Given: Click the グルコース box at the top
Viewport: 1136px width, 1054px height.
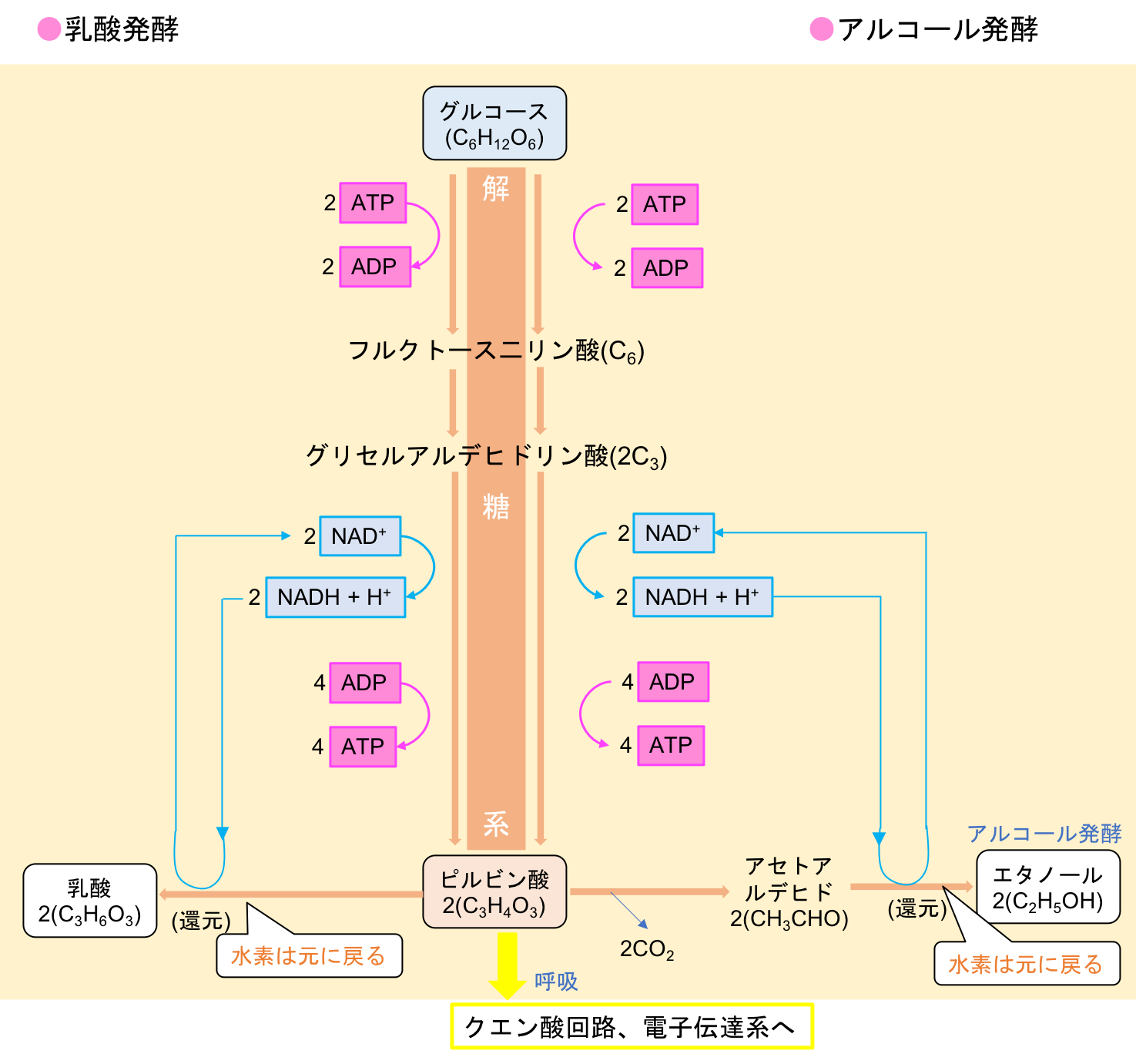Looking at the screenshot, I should (494, 123).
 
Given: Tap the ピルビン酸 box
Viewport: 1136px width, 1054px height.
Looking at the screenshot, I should (494, 891).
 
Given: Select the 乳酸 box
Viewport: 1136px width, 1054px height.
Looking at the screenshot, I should (90, 900).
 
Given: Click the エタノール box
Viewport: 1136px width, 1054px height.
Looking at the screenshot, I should (1047, 887).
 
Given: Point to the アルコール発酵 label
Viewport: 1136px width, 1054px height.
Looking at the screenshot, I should (1044, 833).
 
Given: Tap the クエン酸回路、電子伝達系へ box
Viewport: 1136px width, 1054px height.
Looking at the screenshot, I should (632, 1026).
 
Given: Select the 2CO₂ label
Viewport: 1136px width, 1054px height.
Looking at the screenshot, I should (646, 949).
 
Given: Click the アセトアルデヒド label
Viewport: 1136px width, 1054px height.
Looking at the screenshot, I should (789, 892).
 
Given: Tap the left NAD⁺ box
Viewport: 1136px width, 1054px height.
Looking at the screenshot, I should (360, 536).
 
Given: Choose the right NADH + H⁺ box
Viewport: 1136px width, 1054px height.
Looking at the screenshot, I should (702, 597).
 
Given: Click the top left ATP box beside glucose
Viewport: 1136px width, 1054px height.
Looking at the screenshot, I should (373, 203).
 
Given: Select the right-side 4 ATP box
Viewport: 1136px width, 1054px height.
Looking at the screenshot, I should (670, 745).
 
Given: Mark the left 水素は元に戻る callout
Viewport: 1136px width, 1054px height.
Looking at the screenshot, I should (309, 955).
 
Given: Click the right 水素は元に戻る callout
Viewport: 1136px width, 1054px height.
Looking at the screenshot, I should (1026, 963).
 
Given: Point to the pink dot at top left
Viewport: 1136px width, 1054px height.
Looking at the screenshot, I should (49, 29).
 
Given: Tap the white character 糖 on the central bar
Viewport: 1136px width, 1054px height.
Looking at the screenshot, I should (496, 506).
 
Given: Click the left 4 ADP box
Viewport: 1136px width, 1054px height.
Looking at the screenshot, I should (365, 683).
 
